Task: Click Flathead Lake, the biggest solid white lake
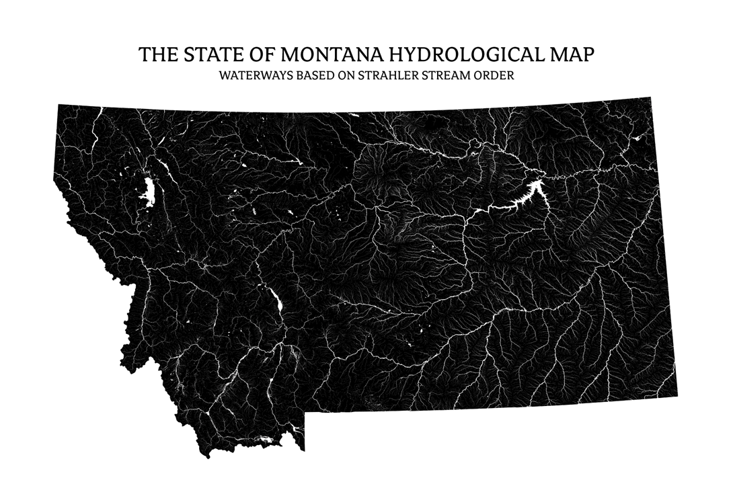click(147, 192)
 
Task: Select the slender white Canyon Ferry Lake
click(276, 302)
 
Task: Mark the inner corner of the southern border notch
click(305, 411)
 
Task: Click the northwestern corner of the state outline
click(59, 106)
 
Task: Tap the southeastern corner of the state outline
click(677, 397)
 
